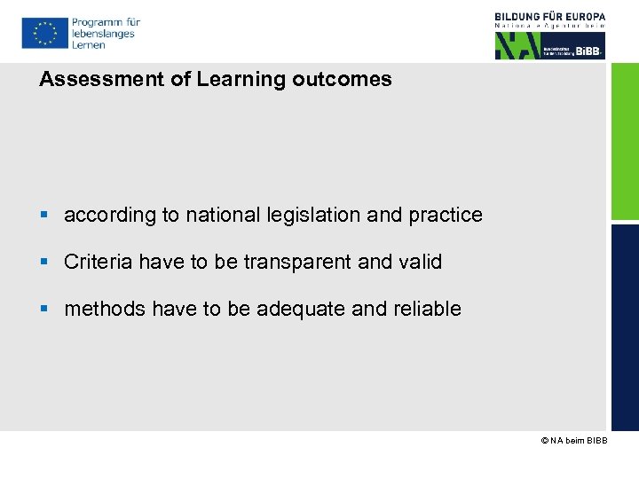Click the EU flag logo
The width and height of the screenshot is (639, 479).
[43, 33]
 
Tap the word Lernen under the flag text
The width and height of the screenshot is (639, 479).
[89, 44]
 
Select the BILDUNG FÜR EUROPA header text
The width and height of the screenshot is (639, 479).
[550, 16]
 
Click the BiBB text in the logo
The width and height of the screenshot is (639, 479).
[588, 51]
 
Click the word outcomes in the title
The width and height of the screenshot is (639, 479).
[343, 79]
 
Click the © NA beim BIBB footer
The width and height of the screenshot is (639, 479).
[573, 441]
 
